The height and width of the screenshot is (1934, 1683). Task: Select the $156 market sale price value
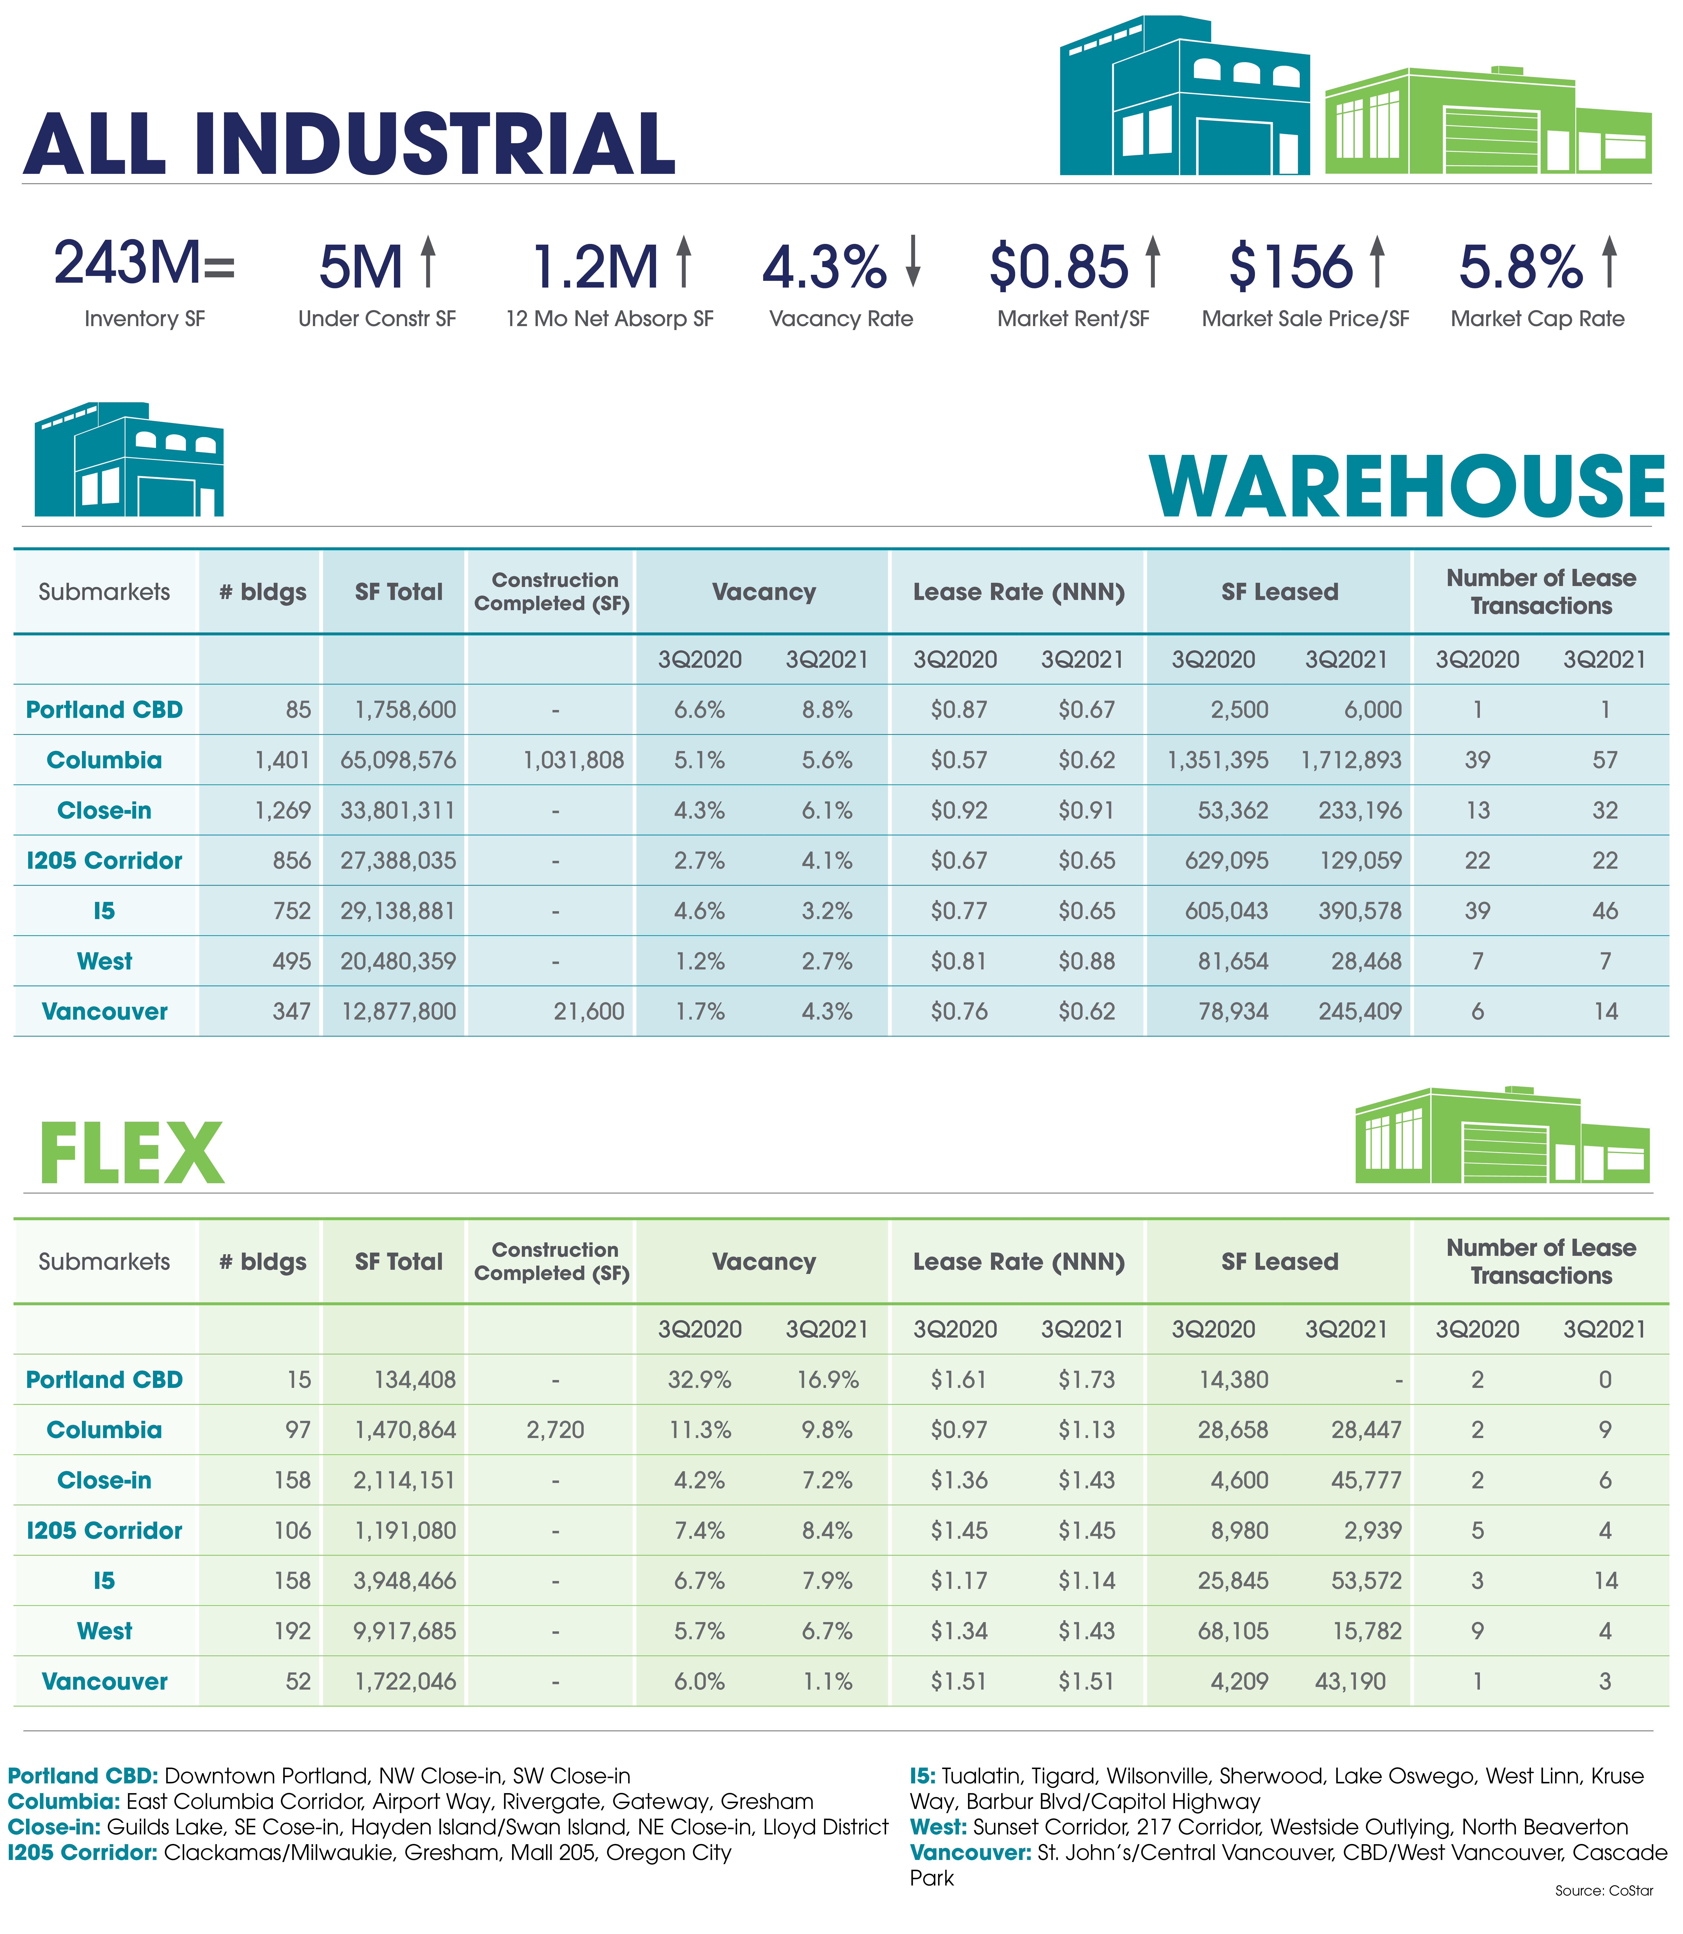[x=1290, y=267]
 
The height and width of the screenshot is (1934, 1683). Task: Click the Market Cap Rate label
[x=1537, y=319]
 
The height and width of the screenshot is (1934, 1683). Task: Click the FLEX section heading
[x=131, y=1154]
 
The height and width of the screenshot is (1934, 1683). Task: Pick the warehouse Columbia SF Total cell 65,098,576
[x=398, y=761]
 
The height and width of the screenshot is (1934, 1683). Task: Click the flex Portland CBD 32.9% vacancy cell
[x=700, y=1380]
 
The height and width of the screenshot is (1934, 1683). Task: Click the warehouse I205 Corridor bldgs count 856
[x=292, y=861]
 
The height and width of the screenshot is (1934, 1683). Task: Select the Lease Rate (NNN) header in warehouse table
[x=1019, y=592]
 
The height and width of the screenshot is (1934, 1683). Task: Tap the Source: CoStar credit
[x=1604, y=1891]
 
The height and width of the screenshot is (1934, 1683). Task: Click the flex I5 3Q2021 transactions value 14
[x=1606, y=1581]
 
